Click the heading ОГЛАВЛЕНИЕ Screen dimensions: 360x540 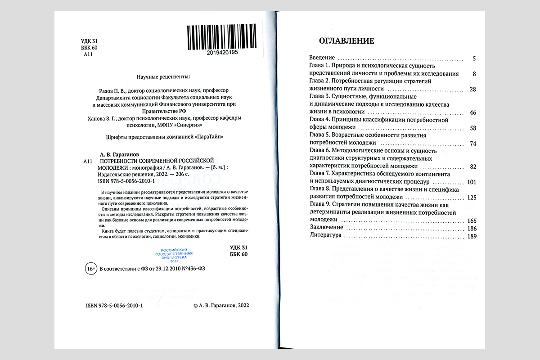coord(346,41)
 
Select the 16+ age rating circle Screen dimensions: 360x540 coord(90,269)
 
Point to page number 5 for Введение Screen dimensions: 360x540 coord(474,58)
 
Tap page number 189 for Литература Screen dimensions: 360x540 coord(472,236)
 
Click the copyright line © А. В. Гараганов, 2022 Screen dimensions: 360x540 coord(220,305)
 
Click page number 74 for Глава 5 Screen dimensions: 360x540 coord(472,144)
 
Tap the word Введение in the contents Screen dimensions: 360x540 coord(322,58)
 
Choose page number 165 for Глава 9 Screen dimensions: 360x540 coord(472,221)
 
